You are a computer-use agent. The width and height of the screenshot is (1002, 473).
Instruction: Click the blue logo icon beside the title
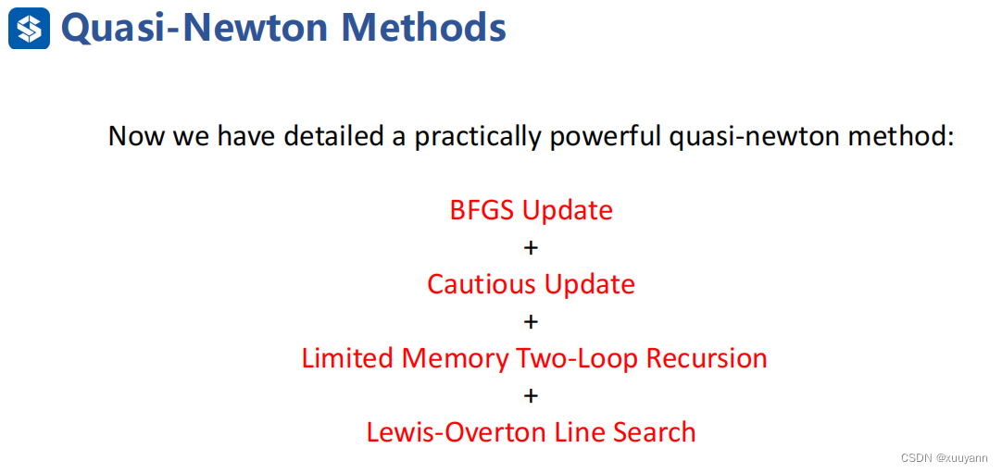(x=29, y=28)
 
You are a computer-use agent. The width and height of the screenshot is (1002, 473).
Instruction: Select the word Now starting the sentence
(x=133, y=137)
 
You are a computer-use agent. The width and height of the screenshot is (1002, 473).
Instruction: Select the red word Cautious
(x=478, y=284)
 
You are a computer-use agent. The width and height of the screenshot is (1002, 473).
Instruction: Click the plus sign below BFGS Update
(x=531, y=248)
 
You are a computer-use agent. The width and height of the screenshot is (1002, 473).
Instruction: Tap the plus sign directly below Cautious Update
(x=531, y=322)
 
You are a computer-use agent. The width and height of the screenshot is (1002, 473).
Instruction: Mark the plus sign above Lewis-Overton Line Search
(x=531, y=396)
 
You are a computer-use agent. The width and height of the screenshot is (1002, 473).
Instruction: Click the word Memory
(x=455, y=359)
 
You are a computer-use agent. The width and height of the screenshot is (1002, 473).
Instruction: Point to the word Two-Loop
(x=578, y=359)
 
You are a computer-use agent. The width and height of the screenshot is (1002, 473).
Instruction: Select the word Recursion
(x=707, y=358)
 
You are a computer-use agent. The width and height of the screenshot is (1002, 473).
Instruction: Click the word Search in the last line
(x=655, y=432)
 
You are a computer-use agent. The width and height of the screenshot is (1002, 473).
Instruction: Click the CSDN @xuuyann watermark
(x=944, y=458)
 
